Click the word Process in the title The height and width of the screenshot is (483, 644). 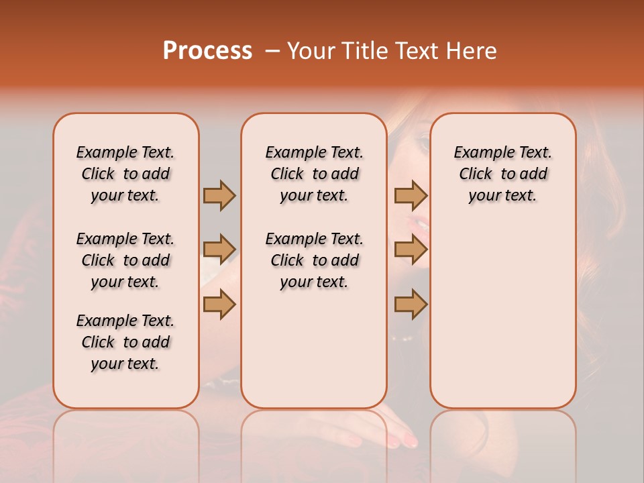[207, 50]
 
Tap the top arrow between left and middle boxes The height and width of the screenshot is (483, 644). [219, 195]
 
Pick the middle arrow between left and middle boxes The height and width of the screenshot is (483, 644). [219, 250]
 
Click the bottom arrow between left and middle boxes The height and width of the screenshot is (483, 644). [219, 304]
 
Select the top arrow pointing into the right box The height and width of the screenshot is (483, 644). [411, 195]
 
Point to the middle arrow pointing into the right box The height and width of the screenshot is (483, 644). [411, 250]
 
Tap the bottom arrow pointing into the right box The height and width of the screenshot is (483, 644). [411, 304]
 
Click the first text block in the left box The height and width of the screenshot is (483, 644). [125, 174]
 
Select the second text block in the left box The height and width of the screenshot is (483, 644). [125, 260]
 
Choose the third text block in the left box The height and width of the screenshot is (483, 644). [125, 342]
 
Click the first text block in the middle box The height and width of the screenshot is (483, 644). [314, 174]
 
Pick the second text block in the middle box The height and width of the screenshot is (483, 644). [314, 260]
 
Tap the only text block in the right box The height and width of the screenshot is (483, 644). [502, 174]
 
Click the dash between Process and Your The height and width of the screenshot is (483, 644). [272, 51]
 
